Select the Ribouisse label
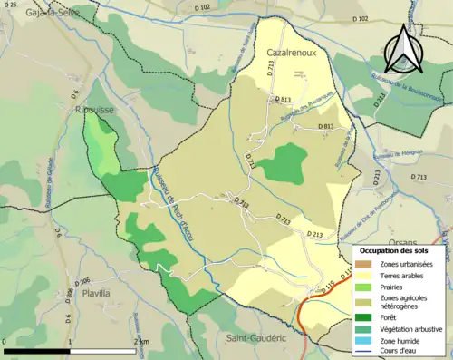[x=93, y=104]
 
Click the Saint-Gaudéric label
[x=257, y=337]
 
